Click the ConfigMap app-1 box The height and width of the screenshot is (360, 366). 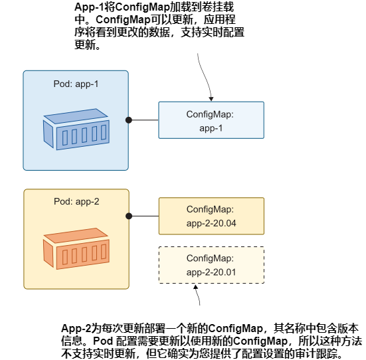(x=211, y=120)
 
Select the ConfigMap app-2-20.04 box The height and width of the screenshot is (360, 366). (x=211, y=216)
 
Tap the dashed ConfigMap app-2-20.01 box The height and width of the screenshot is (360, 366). (x=211, y=265)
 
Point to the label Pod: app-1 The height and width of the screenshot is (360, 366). (x=76, y=84)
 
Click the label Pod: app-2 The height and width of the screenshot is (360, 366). (x=76, y=202)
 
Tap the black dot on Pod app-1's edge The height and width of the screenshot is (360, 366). (x=129, y=120)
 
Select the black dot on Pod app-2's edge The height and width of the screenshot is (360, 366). (x=129, y=216)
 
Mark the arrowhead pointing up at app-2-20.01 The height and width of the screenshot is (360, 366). (x=197, y=288)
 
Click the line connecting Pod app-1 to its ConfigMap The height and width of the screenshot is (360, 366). (x=143, y=120)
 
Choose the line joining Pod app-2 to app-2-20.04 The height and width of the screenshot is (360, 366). (x=143, y=216)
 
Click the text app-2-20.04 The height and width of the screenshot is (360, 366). (x=211, y=223)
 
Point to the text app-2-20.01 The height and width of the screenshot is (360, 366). (x=211, y=272)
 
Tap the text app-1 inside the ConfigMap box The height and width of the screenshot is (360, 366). (x=211, y=128)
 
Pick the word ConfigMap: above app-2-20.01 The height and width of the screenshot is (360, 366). (x=211, y=258)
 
